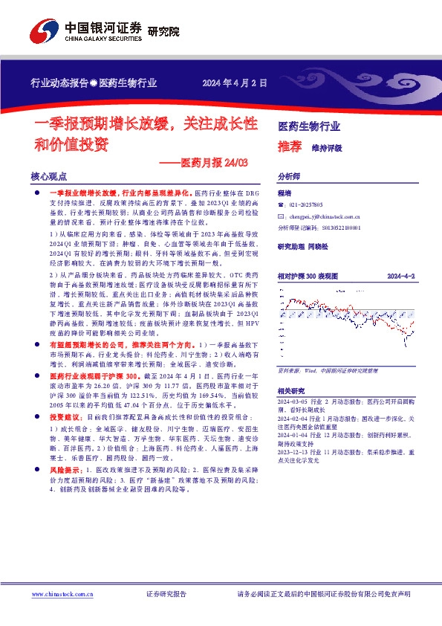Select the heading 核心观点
coord(49,177)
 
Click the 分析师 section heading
coord(288,177)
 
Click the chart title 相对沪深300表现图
coord(308,276)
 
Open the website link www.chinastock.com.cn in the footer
coord(62,595)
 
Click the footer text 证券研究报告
coord(166,595)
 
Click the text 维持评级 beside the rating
coord(326,147)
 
